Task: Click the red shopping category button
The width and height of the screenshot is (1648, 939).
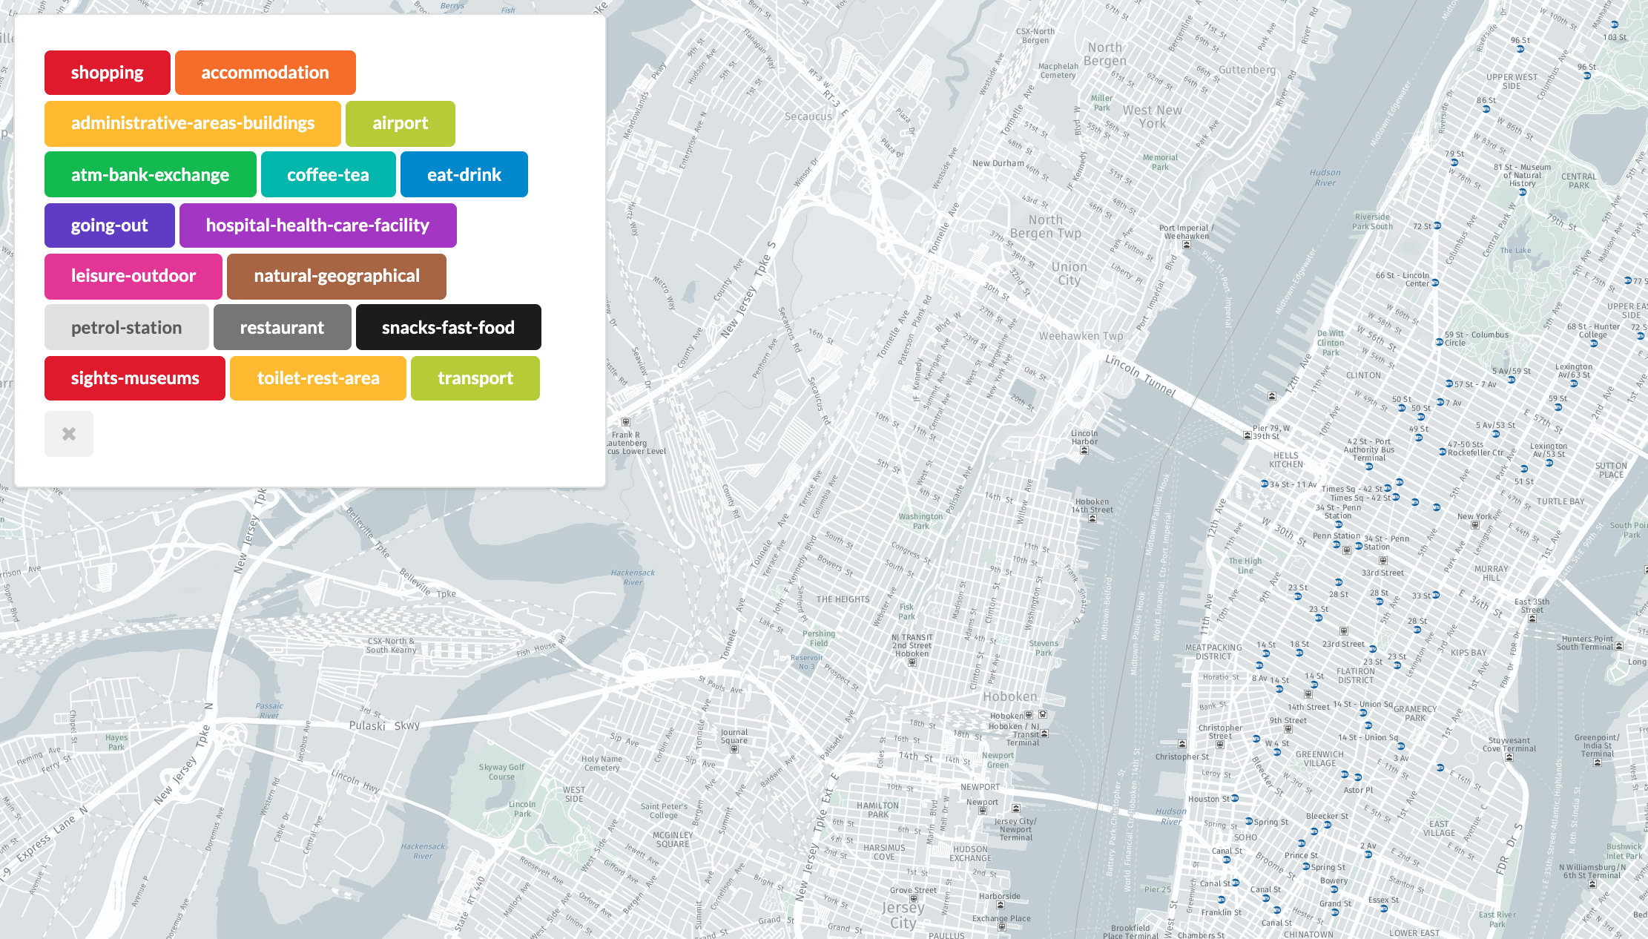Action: point(108,73)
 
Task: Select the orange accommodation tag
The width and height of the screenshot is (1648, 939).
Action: point(265,73)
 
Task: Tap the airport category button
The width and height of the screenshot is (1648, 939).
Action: point(400,123)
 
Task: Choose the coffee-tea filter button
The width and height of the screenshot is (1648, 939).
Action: point(328,174)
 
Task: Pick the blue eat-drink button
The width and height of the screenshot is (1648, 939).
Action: point(464,174)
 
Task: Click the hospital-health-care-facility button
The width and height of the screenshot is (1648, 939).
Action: point(317,225)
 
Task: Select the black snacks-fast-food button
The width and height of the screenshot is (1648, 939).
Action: point(448,327)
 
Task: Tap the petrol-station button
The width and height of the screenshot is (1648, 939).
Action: point(126,327)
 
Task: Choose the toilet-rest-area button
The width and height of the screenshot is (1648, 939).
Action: point(317,378)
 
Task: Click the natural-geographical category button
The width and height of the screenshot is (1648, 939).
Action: point(336,276)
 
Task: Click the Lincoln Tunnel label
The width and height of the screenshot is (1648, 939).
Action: point(1140,375)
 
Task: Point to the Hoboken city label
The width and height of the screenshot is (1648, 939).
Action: point(1009,696)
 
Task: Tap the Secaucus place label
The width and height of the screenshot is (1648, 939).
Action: point(808,116)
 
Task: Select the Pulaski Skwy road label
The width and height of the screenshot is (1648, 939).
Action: point(384,725)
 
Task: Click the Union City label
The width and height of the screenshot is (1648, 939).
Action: point(1069,273)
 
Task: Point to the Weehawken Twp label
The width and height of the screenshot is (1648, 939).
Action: point(1081,336)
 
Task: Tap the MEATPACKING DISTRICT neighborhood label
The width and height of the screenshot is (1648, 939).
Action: point(1213,652)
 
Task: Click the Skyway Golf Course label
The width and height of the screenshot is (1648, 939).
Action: point(501,772)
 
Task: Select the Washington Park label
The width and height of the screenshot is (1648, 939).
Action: point(920,521)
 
